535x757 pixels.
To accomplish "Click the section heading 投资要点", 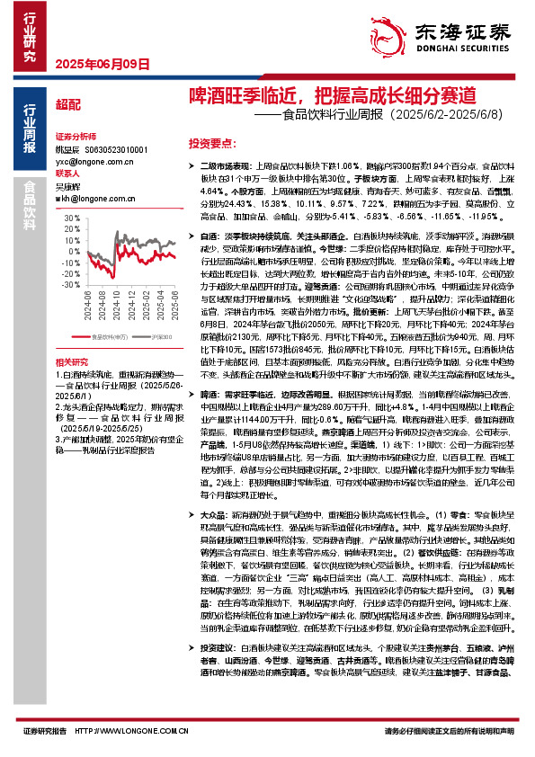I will (211, 142).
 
